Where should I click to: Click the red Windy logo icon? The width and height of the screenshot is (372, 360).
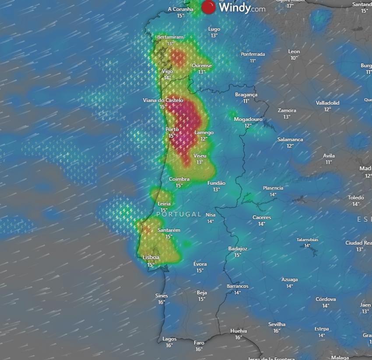tap(209, 7)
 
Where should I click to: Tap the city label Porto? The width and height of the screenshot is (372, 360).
tap(172, 129)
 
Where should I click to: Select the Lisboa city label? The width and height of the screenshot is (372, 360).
tap(151, 258)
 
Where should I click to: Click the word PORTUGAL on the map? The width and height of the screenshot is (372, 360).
tap(179, 214)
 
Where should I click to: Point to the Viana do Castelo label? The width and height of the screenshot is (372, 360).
tap(163, 101)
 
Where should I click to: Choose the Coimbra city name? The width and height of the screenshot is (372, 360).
tap(179, 179)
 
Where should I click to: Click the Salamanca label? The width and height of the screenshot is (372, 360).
tap(290, 140)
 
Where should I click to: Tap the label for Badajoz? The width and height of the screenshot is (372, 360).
tap(238, 249)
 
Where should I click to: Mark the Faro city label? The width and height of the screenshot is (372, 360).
tap(199, 343)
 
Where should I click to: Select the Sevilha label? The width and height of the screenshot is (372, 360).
tap(277, 325)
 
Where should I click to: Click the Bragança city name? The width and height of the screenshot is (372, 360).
tap(246, 95)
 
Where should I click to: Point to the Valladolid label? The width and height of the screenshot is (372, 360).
tap(327, 103)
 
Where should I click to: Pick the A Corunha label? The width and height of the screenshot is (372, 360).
tap(180, 9)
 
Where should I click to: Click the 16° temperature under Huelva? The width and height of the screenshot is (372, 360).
tap(239, 337)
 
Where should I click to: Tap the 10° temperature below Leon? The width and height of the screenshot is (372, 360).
tap(294, 58)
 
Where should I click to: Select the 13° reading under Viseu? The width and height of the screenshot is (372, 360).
tap(200, 162)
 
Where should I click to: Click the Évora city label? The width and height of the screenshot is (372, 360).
tap(200, 264)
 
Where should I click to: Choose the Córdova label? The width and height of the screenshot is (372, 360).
tap(326, 300)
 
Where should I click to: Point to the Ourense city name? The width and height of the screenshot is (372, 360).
tap(201, 66)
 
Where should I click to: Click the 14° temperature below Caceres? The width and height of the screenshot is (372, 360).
tap(262, 224)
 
